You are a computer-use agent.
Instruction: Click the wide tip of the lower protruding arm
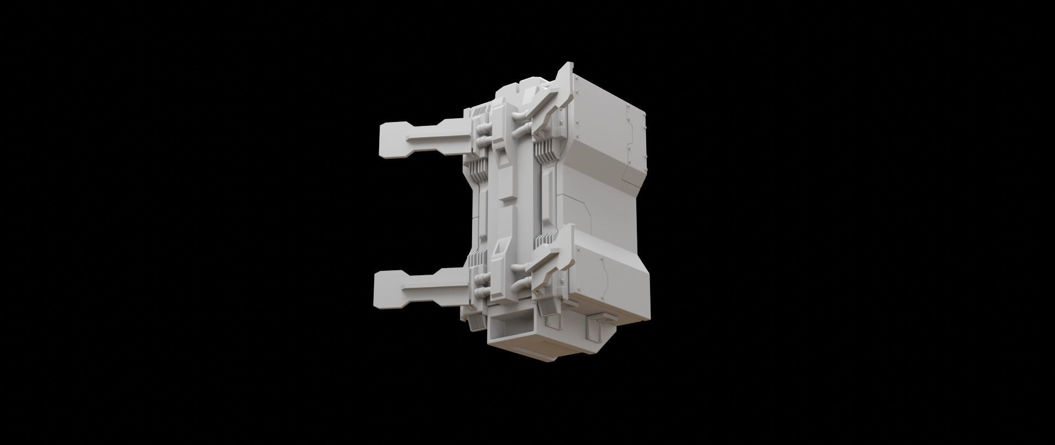point(387,290)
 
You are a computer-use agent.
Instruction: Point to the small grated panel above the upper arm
point(481,112)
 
